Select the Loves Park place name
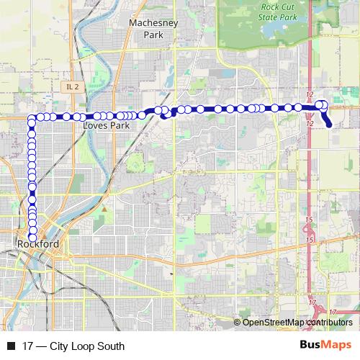pos(106,125)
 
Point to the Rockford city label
pos(37,245)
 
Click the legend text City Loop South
pos(87,346)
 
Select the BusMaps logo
pos(325,346)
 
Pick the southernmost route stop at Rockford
pos(32,238)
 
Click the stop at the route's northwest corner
pos(32,117)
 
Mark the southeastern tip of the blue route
pos(330,125)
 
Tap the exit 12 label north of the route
pos(310,96)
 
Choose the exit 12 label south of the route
pos(310,124)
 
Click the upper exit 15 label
pos(308,220)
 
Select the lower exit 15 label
pos(308,239)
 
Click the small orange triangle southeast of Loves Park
pos(104,209)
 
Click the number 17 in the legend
pos(28,346)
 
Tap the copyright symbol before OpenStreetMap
pos(238,323)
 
